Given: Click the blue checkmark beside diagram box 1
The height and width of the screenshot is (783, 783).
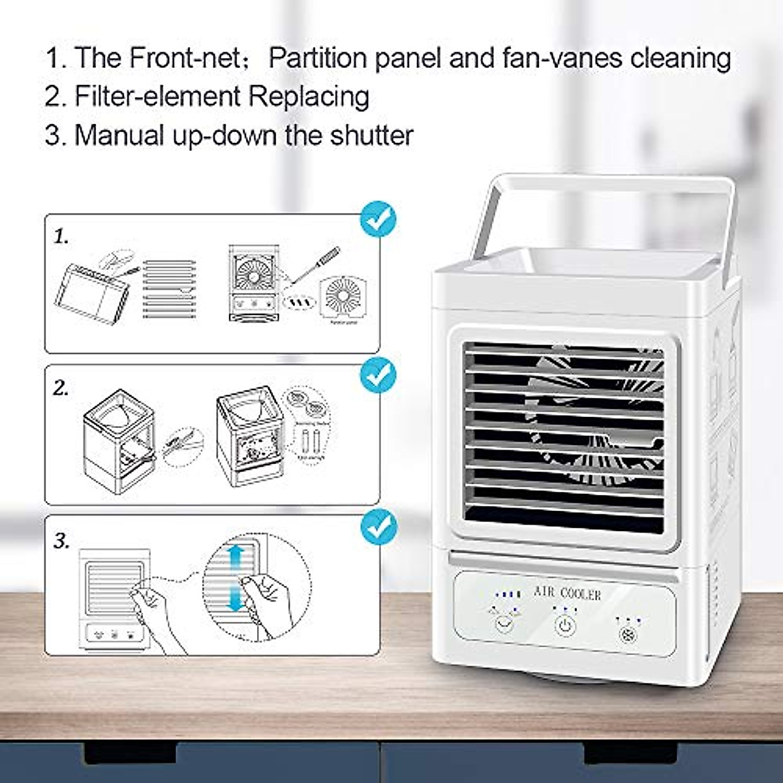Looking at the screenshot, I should pyautogui.click(x=378, y=219).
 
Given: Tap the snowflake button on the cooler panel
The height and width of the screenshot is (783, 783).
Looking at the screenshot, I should pyautogui.click(x=625, y=636).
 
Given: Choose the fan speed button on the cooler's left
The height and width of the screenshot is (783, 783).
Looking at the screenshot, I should pyautogui.click(x=503, y=624).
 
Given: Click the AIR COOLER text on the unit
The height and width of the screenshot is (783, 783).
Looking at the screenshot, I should pyautogui.click(x=567, y=593).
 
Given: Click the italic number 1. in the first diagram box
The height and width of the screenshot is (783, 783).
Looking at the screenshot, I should pyautogui.click(x=61, y=237).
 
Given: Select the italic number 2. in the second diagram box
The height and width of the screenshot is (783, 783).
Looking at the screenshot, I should pyautogui.click(x=61, y=389).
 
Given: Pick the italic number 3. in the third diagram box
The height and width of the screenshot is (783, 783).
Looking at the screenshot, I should pyautogui.click(x=61, y=541).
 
